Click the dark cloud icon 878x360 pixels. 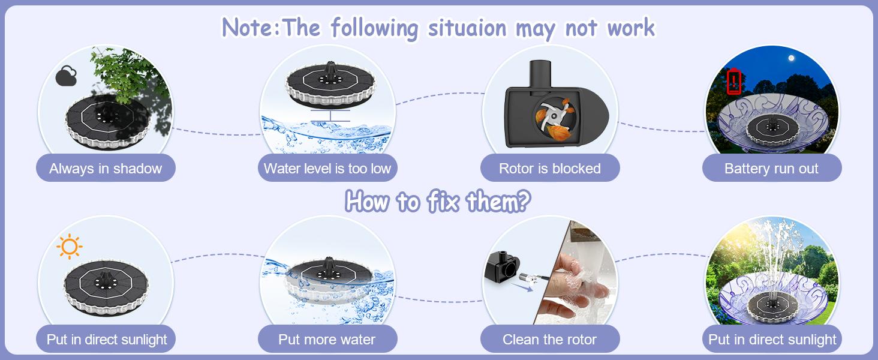coord(66,77)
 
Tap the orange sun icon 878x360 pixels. coord(70,247)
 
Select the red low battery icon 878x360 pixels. coord(735,82)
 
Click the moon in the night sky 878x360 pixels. coord(792,58)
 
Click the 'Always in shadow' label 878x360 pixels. coord(106,169)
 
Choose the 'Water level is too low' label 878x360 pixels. coord(327,169)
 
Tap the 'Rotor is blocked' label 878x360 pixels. coord(549,169)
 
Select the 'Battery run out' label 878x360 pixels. coord(771,169)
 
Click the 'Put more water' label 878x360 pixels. coord(327,340)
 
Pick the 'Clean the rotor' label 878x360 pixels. coord(549,340)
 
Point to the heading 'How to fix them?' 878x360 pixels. coord(438,202)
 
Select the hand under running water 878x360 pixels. coord(576,288)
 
